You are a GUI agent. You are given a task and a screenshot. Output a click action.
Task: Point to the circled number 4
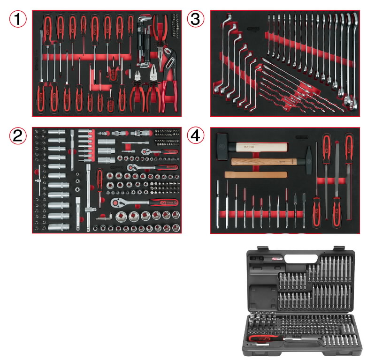pos(196,136)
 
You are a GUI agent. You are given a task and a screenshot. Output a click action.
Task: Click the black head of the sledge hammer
pos(223,148)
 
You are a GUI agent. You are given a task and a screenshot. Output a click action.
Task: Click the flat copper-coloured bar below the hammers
pos(256,175)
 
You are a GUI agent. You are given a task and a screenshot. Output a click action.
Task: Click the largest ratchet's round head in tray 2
pos(116,202)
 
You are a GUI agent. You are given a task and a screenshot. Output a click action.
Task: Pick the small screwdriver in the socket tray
pos(99,181)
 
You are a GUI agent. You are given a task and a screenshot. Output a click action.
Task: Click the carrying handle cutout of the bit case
pos(300,258)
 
